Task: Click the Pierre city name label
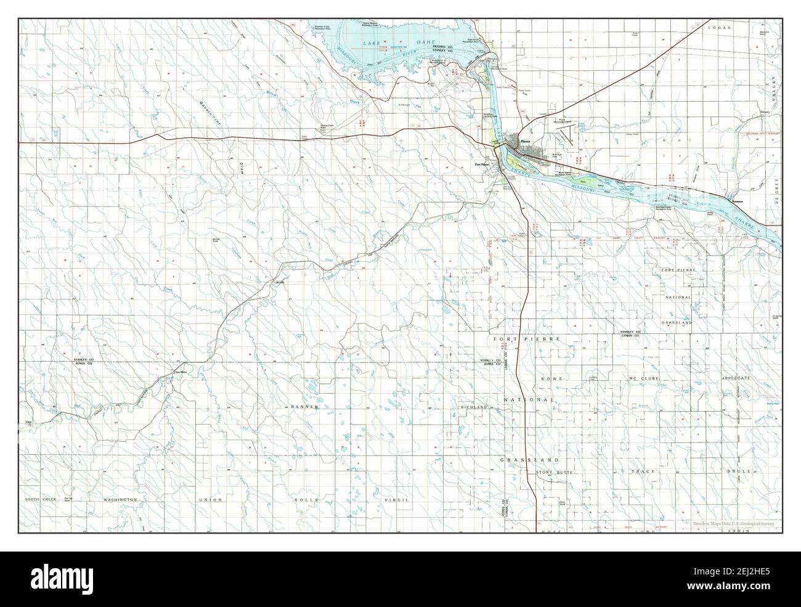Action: (525, 141)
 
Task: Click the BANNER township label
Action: (305, 407)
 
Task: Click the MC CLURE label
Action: (644, 378)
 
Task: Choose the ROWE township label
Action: (550, 378)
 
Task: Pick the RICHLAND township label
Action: (473, 407)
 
